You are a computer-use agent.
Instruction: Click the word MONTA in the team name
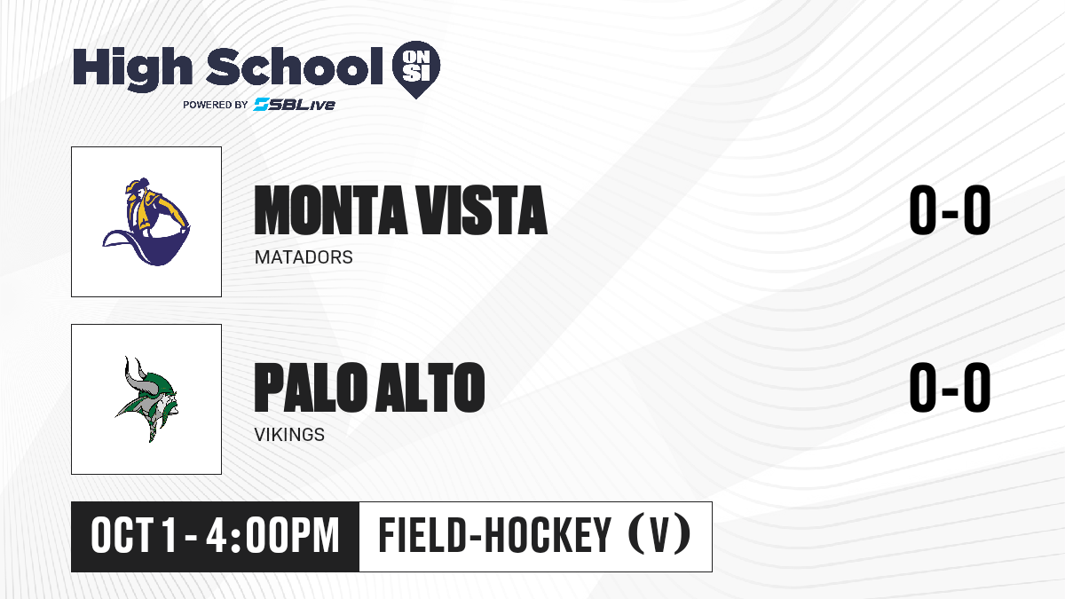coord(330,210)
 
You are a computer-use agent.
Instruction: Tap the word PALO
coord(312,388)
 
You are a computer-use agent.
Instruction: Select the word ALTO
coord(430,388)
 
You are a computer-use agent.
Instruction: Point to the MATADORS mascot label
coord(304,257)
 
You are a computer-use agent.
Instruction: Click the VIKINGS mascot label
coord(289,435)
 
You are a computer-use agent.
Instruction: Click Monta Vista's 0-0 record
coord(950,210)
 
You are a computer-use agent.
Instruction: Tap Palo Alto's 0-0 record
coord(950,388)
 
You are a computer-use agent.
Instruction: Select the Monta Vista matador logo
coord(146,222)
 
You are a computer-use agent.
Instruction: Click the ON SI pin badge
coord(416,69)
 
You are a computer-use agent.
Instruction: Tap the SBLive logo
coord(294,104)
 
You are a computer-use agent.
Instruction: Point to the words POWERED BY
coord(215,105)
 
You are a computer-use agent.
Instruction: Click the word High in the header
coord(132,68)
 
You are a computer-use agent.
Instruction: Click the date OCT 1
coord(134,536)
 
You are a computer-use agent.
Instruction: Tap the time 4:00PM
coord(272,536)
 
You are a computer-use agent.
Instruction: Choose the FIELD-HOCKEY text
coord(495,535)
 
